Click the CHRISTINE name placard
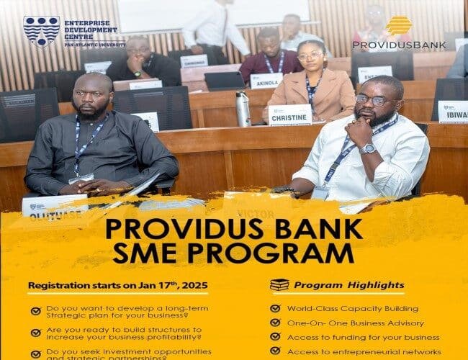tap(290, 114)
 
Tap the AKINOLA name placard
tap(266, 81)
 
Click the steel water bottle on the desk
tap(243, 109)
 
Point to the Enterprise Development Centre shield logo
tap(42, 32)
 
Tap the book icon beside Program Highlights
tap(279, 285)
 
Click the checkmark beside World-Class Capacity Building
tap(275, 308)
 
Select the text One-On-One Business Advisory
tap(356, 323)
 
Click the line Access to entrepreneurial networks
tap(363, 351)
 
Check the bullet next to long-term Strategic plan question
tap(36, 312)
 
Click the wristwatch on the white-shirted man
tap(369, 148)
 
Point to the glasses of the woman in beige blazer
tap(310, 56)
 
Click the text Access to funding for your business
tap(363, 337)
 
